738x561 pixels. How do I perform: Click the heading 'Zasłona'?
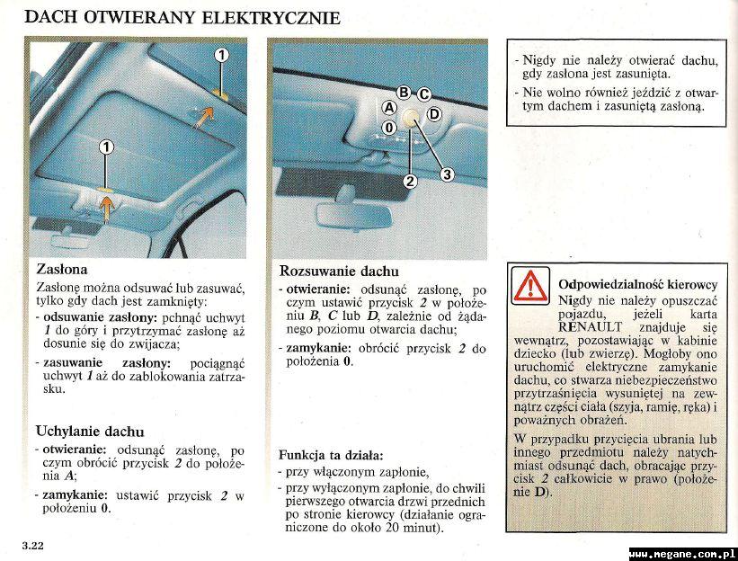tap(61, 269)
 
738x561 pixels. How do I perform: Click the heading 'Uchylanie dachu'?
tap(90, 432)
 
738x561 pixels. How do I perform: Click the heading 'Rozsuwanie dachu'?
tap(339, 271)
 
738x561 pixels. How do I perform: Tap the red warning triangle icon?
tap(530, 286)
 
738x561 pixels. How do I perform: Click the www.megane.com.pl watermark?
tap(682, 553)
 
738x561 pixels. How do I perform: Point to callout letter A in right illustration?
tap(389, 106)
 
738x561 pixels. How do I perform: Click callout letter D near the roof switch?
tap(433, 113)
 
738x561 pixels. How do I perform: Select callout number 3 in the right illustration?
tap(447, 174)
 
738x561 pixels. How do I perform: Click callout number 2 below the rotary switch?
tap(410, 181)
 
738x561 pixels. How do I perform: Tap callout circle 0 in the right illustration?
tap(388, 128)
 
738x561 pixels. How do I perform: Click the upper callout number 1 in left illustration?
tap(220, 56)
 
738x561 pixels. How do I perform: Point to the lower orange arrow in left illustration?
tap(107, 209)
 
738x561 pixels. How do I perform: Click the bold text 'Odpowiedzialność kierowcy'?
tap(637, 284)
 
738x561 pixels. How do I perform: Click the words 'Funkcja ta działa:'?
tap(331, 455)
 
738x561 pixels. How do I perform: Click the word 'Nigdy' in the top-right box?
tap(540, 60)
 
